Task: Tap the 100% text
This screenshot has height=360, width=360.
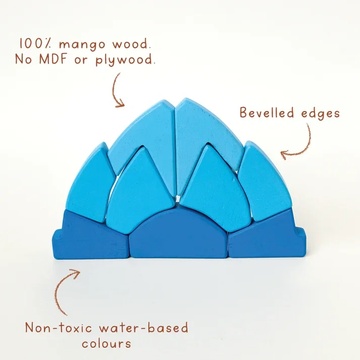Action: point(35,43)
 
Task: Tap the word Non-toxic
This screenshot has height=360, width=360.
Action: point(58,328)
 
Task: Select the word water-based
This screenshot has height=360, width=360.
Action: point(144,327)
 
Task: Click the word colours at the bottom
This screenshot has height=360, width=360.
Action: point(107,343)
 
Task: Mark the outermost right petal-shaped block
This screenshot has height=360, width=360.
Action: point(265,181)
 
